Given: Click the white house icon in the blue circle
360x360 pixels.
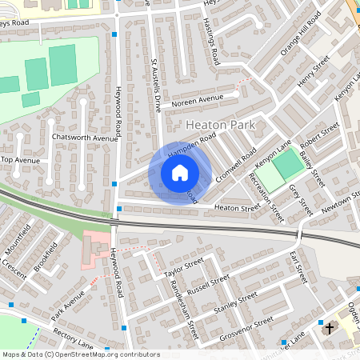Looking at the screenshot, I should [180, 173].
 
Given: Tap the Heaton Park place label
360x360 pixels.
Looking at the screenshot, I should [220, 126].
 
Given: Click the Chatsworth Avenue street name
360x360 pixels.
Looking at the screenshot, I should [84, 138].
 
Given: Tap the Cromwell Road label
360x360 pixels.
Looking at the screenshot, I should [239, 164].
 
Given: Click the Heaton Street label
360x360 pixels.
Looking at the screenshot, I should [238, 207].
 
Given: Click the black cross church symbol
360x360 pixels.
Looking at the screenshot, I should [327, 328].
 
